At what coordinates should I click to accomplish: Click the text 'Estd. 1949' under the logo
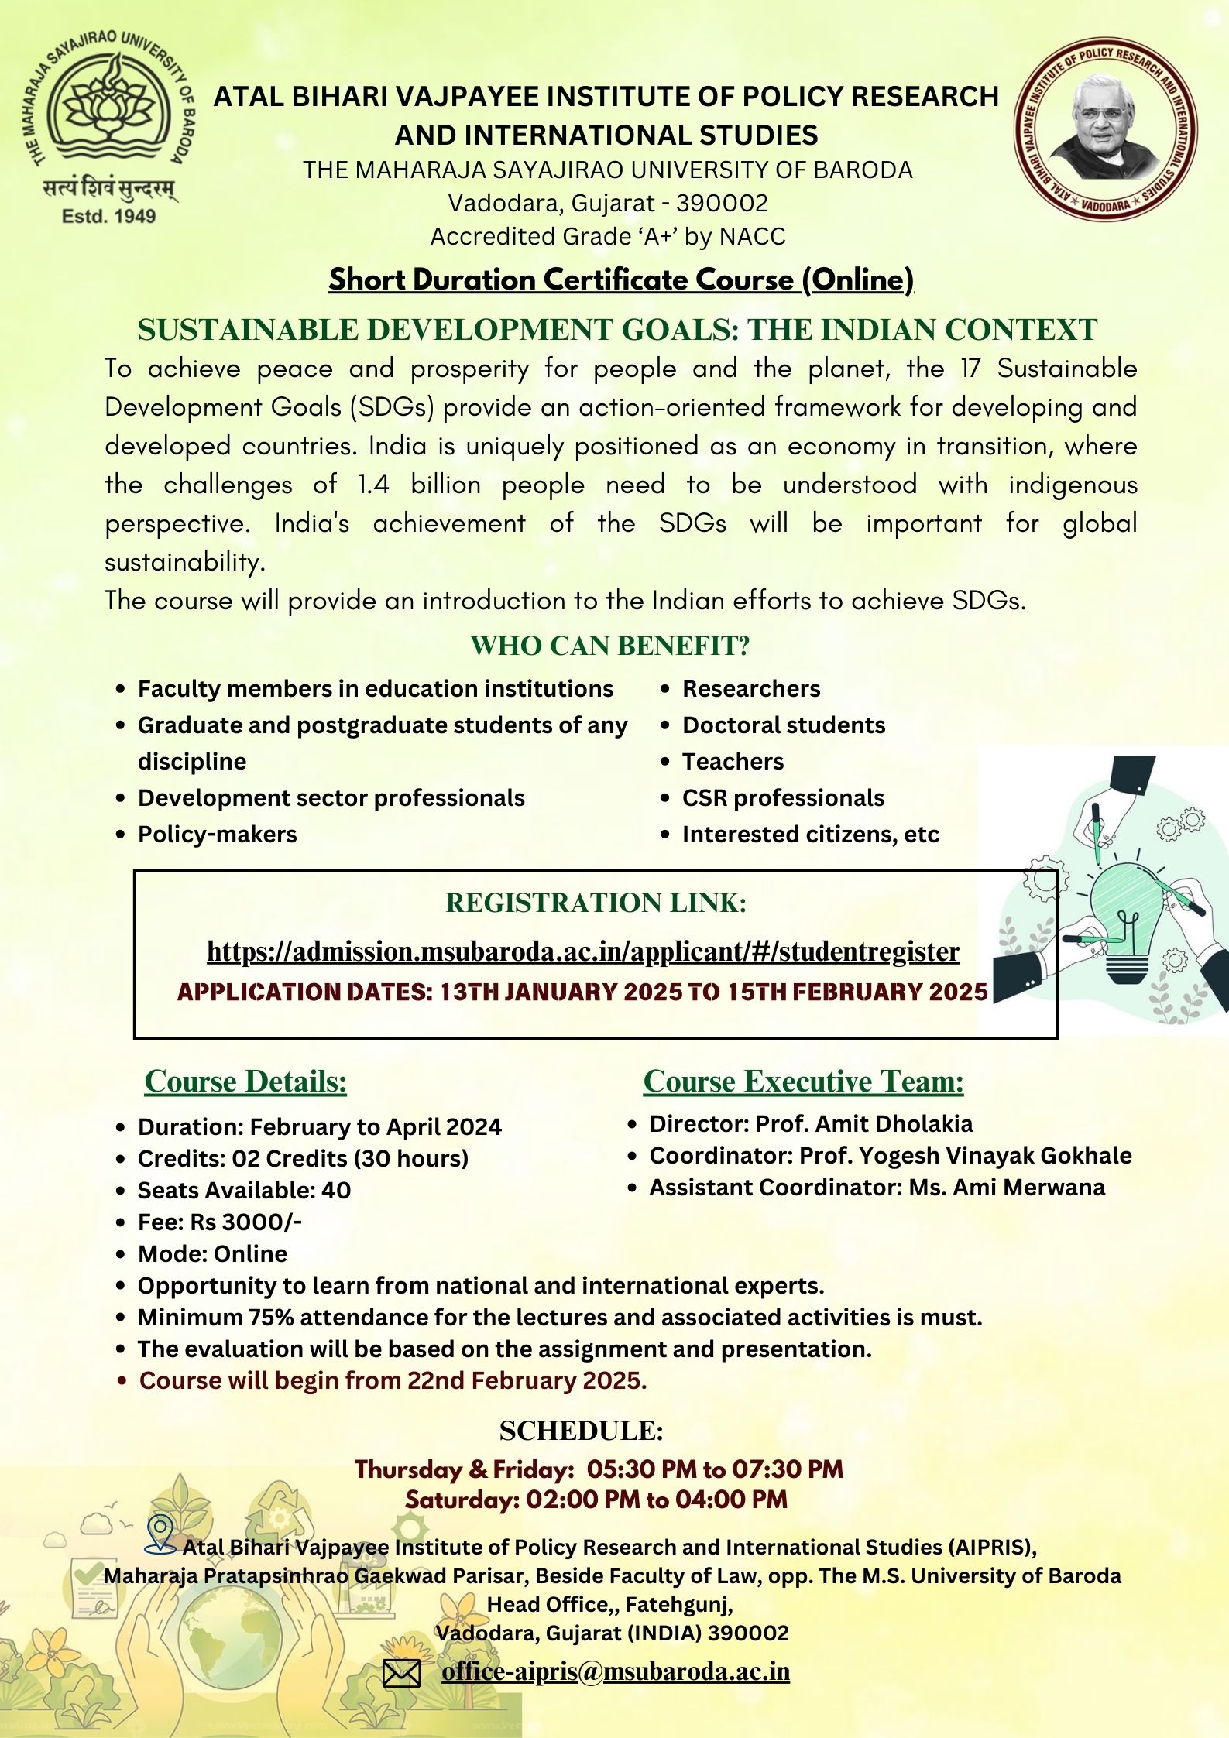[109, 217]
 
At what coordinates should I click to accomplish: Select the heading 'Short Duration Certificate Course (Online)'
[621, 279]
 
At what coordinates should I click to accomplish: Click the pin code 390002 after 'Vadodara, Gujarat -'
[722, 203]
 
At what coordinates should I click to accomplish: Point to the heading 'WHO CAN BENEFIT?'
[610, 646]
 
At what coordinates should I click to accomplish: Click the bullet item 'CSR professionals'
[783, 798]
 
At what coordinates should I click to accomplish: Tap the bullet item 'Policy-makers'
[217, 835]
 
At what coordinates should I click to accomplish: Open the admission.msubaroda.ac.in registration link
[583, 951]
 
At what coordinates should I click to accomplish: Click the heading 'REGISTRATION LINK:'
[596, 903]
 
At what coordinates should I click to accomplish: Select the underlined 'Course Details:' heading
[245, 1082]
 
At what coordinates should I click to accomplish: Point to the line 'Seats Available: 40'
[244, 1191]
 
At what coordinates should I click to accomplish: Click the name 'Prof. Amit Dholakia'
[864, 1123]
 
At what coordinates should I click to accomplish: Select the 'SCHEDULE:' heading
[581, 1431]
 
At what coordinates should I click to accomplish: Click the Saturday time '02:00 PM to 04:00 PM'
[657, 1500]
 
